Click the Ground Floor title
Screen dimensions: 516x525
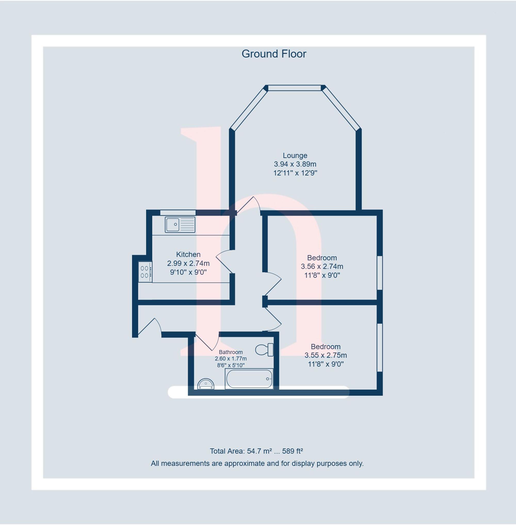coord(274,54)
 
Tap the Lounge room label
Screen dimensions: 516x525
coord(295,155)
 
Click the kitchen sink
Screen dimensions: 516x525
coord(180,224)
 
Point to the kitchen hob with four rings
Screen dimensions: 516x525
coord(145,272)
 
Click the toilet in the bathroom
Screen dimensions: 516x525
coord(264,349)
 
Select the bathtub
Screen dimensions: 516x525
coord(249,379)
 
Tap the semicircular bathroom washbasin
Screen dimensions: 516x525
coord(206,384)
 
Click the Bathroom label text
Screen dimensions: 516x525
coord(231,352)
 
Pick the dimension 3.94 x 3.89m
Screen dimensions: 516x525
coord(295,164)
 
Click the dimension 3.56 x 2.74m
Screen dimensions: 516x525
coord(322,267)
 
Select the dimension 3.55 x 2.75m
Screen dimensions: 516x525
coord(326,355)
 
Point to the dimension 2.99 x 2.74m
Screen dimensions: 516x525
coord(188,263)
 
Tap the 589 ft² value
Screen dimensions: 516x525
coord(292,451)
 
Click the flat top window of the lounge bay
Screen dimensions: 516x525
coord(294,88)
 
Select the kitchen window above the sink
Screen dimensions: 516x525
coord(178,212)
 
